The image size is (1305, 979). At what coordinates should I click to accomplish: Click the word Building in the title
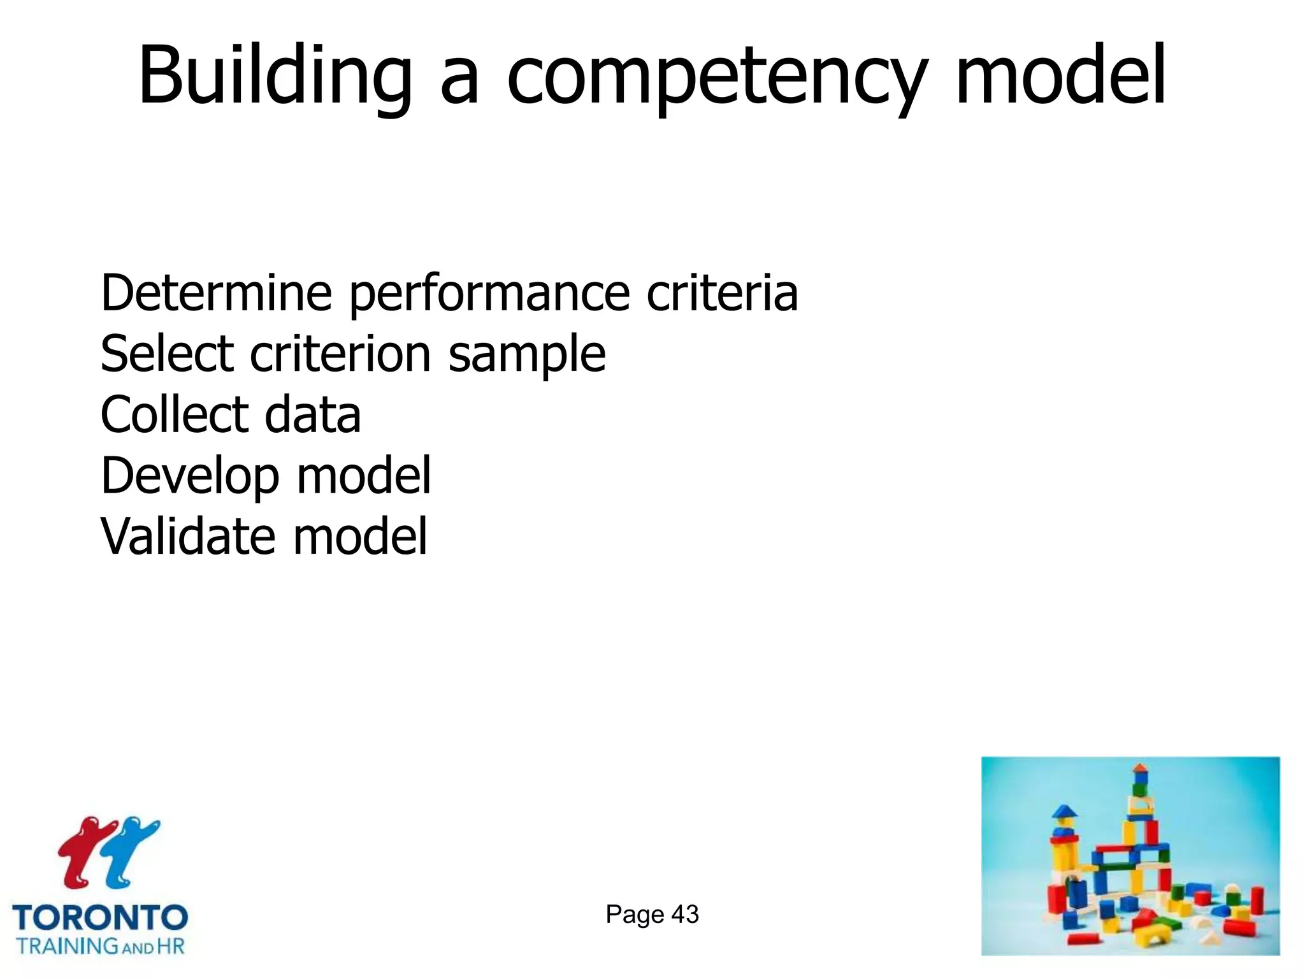[x=275, y=75]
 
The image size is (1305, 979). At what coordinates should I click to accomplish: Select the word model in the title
[x=1061, y=75]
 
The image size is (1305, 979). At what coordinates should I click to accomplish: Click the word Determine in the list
[x=216, y=293]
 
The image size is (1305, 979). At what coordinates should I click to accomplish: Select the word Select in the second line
[x=167, y=353]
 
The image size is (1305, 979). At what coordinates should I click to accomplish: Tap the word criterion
[x=340, y=353]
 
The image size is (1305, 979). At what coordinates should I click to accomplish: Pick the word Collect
[x=174, y=414]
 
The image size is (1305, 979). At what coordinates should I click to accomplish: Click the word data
[x=312, y=414]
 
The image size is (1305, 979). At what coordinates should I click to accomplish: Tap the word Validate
[x=188, y=535]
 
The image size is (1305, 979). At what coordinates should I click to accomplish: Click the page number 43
[x=685, y=915]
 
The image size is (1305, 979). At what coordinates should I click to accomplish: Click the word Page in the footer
[x=634, y=915]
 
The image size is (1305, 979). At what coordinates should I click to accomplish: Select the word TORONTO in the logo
[x=100, y=918]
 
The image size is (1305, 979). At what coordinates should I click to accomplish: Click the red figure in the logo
[x=83, y=851]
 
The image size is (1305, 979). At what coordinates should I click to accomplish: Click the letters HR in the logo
[x=170, y=946]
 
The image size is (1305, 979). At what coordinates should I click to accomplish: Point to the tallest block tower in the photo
[x=1139, y=829]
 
